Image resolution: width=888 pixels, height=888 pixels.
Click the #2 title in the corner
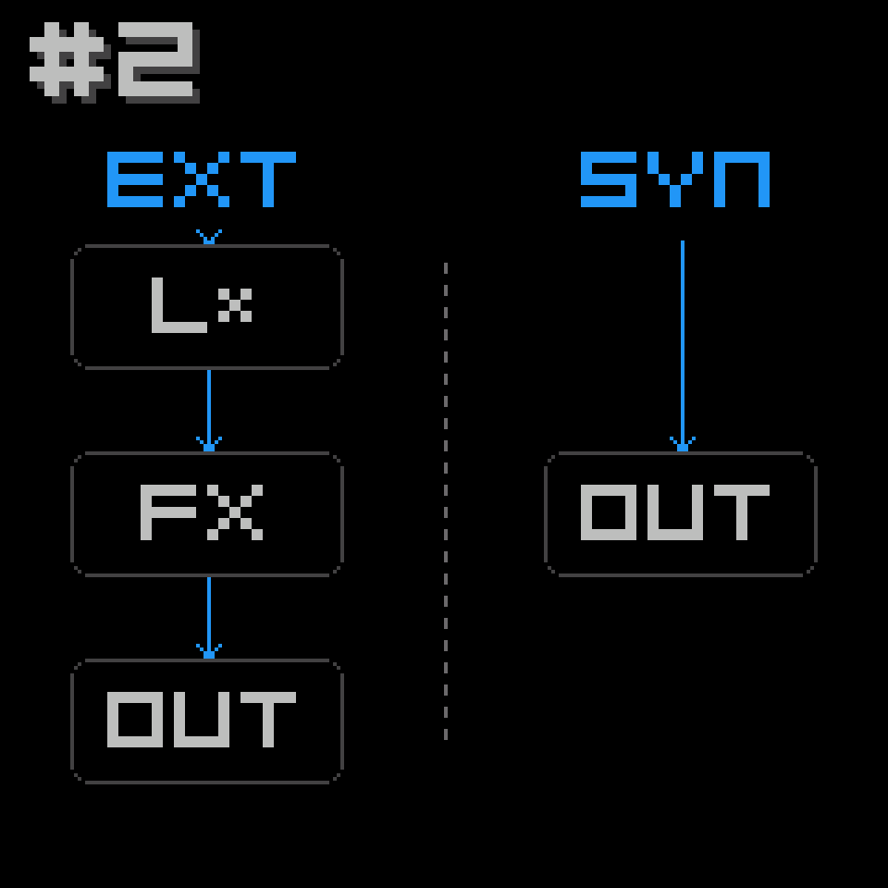click(115, 62)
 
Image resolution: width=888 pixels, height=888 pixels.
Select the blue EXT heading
click(202, 179)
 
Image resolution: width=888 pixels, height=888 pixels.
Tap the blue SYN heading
click(675, 179)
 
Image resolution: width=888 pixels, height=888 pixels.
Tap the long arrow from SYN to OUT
click(683, 346)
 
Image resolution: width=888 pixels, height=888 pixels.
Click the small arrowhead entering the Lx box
click(209, 237)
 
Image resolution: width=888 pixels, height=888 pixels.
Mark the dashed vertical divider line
click(446, 501)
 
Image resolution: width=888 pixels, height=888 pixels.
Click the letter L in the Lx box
click(179, 304)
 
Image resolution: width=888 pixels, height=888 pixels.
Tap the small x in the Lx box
click(234, 304)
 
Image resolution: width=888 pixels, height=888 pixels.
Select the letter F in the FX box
click(168, 512)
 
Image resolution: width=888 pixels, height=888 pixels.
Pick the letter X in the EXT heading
click(202, 179)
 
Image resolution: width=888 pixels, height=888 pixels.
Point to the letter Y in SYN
click(675, 179)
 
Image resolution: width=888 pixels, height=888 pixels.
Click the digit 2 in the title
click(158, 62)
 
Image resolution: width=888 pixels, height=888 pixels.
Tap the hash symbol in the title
click(69, 62)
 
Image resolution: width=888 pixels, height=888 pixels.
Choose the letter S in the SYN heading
click(609, 179)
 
